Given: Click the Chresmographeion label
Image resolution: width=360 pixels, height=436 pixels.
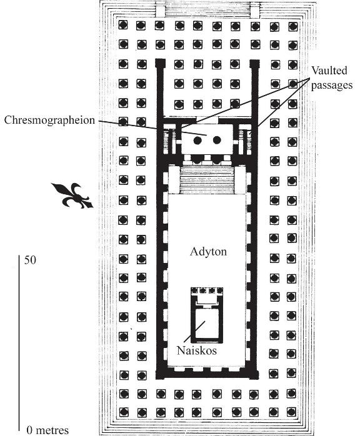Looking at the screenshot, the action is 49,121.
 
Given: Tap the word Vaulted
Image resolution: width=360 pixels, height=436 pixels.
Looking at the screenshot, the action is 329,71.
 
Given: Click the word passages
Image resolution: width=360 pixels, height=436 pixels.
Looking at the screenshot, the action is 332,86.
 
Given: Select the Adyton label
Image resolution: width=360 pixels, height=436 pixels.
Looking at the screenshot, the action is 208,252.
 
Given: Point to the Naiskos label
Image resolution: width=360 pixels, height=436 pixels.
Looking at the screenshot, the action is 197,350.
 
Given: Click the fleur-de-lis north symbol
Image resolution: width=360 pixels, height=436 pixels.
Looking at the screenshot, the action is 72,196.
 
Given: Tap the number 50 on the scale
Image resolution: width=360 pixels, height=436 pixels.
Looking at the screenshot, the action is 30,260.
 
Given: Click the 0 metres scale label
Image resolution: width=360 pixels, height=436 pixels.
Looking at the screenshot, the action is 47,430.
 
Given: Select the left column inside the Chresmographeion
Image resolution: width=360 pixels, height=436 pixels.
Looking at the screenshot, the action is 197,140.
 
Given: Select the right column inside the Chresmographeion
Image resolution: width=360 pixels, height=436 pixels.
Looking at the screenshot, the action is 217,140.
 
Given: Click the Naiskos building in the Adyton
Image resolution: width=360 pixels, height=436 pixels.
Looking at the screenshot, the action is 207,315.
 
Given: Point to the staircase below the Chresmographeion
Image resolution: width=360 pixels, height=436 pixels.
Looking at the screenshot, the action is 207,179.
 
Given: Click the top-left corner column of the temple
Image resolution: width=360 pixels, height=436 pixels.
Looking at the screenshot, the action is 123,25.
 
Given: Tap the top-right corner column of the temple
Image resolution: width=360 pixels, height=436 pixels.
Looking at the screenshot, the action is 292,26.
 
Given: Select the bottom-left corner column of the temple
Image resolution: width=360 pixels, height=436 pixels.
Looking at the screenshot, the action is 123,412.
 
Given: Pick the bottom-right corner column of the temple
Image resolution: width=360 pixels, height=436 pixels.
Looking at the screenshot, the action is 291,412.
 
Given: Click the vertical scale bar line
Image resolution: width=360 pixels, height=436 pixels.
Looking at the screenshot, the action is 19,343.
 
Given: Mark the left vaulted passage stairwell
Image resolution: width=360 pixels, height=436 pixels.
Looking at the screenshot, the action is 170,139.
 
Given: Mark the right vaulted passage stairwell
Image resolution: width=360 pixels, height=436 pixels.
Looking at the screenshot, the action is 246,139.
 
